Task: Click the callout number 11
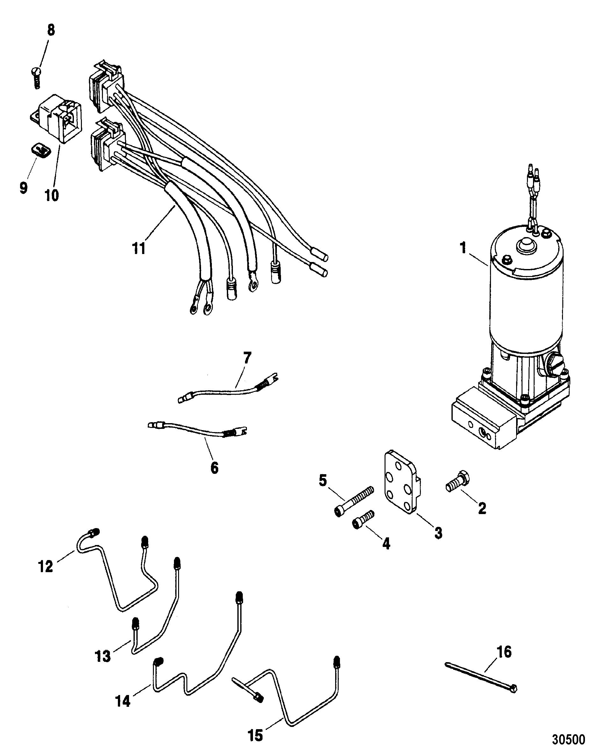tap(139, 249)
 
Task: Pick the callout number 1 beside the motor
tap(463, 249)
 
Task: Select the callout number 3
tap(438, 533)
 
